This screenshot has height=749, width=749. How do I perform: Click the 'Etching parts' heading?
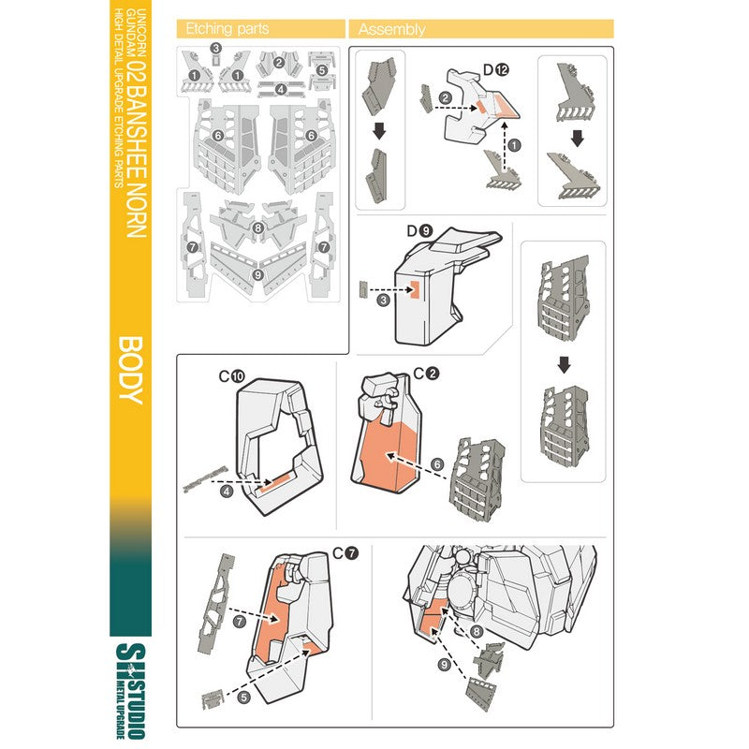[228, 29]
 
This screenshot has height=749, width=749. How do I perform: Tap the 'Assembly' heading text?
[391, 30]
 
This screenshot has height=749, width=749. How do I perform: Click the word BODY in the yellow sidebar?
[130, 370]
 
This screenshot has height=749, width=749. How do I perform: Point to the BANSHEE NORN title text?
[137, 162]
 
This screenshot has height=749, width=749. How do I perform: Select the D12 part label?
[496, 69]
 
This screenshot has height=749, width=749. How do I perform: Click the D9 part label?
[419, 231]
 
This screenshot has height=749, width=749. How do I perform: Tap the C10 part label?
[231, 376]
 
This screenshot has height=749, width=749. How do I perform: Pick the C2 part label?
[427, 373]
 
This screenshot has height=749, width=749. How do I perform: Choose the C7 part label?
[345, 553]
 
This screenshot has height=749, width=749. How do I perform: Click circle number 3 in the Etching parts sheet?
[216, 48]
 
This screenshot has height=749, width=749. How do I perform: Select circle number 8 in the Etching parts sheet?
[258, 228]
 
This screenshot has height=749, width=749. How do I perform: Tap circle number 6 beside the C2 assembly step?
[437, 464]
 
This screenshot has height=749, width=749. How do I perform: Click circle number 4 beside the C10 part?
[227, 491]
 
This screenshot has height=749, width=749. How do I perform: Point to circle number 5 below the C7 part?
[243, 697]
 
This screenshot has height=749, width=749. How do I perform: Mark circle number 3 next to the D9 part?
[383, 301]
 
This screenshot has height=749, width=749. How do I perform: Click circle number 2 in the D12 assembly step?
[446, 98]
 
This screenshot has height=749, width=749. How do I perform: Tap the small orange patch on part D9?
[414, 289]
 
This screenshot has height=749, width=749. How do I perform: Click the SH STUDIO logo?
[130, 690]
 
